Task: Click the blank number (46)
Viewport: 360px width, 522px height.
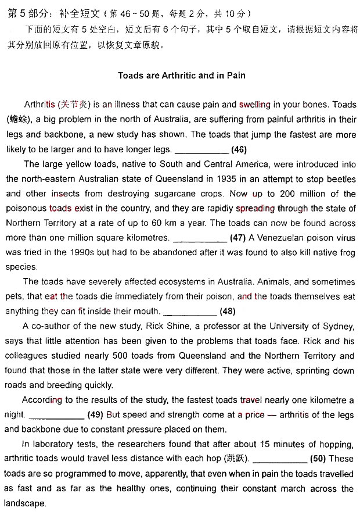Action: (239, 149)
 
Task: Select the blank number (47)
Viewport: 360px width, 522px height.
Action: (237, 238)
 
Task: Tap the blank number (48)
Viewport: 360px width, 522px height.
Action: (228, 311)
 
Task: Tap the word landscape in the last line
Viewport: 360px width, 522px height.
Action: (25, 503)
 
